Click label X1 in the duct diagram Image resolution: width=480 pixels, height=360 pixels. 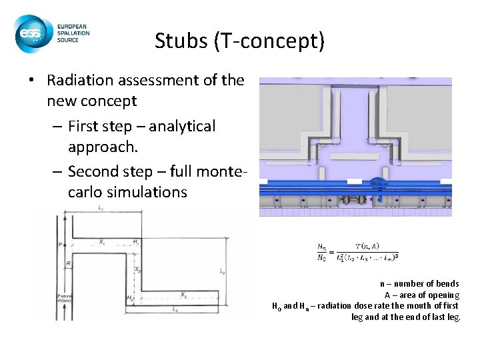point(103,243)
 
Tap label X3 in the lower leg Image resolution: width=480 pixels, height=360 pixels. point(181,294)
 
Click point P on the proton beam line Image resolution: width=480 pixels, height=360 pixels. point(59,245)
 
